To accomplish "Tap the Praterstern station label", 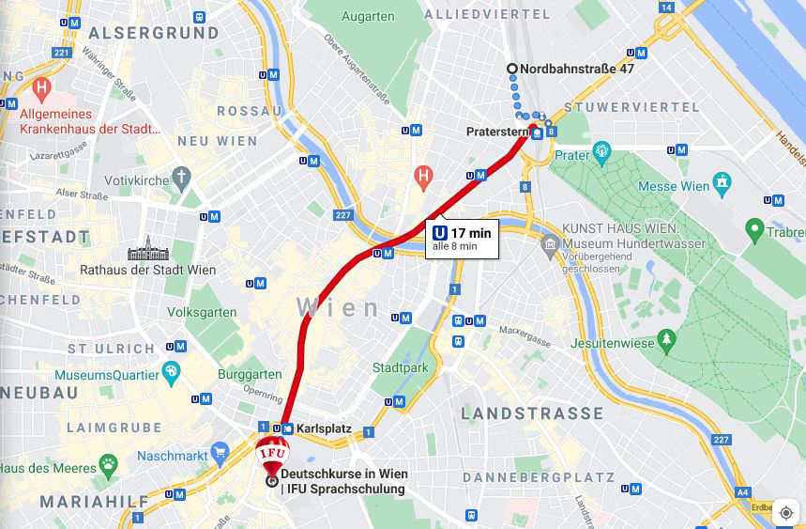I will tap(497, 132).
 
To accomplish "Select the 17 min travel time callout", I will tap(461, 239).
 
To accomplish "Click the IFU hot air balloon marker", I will tap(272, 453).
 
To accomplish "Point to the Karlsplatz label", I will tap(324, 428).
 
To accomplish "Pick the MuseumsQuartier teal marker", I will tap(171, 373).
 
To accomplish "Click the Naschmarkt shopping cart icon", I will tap(221, 454).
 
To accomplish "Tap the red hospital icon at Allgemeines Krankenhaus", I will tap(40, 91).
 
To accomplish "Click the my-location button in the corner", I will tap(786, 512).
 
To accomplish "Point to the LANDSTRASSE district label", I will tap(532, 413).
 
